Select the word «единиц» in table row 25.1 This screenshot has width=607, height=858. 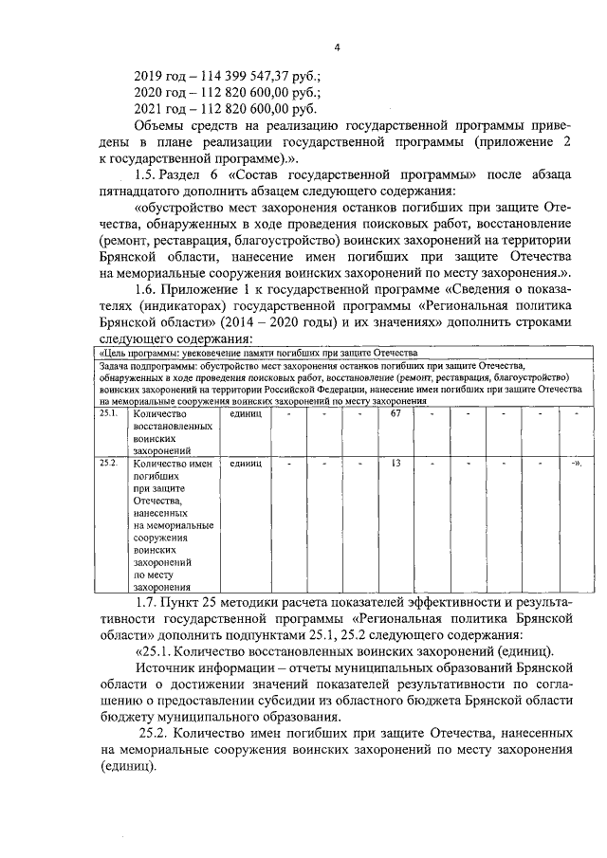pyautogui.click(x=245, y=413)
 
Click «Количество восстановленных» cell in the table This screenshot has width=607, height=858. pyautogui.click(x=171, y=432)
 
